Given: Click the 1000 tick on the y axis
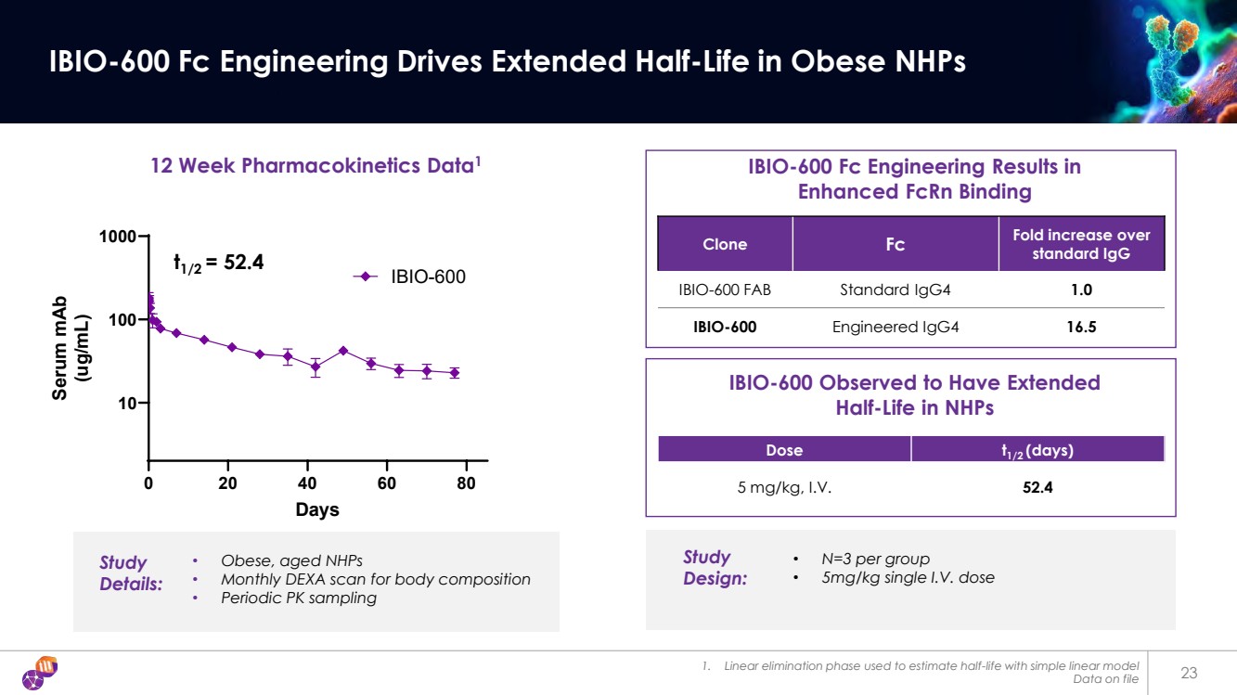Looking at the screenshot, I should point(119,237).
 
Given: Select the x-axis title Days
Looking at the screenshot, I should point(317,509).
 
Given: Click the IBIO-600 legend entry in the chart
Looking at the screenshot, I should point(411,277).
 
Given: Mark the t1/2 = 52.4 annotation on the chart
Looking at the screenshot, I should point(219,264).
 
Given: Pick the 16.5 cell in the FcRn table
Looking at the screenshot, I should point(1080,327).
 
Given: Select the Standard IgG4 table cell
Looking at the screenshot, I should point(895,290).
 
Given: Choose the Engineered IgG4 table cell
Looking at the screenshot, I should point(895,327).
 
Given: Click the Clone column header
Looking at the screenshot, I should point(725,244).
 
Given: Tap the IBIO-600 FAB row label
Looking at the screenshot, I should point(725,290).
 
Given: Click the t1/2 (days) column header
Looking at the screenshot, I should point(1037,450).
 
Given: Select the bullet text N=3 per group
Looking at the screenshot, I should point(875,559).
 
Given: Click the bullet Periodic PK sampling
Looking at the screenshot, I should point(298,598).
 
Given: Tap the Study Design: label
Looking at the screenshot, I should point(715,567).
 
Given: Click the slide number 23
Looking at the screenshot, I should point(1190,673).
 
